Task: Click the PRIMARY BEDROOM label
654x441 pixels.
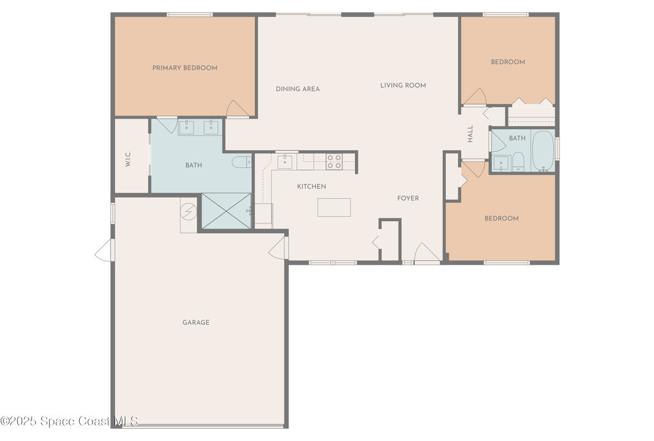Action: (185, 68)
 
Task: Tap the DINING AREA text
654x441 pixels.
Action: (298, 89)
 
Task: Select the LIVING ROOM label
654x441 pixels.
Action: (403, 85)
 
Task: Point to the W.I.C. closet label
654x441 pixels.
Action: (128, 159)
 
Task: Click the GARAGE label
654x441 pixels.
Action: (196, 322)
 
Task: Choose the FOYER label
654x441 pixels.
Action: (408, 198)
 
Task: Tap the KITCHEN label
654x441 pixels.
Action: (312, 187)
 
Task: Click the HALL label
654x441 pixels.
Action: (471, 134)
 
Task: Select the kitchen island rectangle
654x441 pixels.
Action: (334, 207)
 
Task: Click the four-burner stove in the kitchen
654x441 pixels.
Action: (334, 162)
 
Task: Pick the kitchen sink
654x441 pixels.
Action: (285, 162)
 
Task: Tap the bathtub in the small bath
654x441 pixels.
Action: (543, 151)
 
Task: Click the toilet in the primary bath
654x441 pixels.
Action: (241, 162)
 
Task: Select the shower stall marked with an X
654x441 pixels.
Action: (227, 211)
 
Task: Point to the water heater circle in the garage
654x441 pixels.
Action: (188, 211)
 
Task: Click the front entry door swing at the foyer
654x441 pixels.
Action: (427, 253)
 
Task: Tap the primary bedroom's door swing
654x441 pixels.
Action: (238, 109)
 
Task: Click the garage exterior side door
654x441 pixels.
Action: (104, 251)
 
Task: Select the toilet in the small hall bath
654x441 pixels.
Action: (518, 162)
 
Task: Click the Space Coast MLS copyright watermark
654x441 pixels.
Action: (69, 421)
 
